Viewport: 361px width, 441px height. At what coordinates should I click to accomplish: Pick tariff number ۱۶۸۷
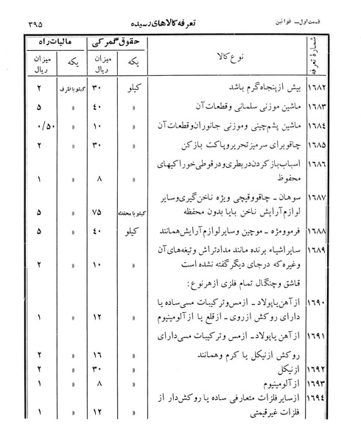(336, 198)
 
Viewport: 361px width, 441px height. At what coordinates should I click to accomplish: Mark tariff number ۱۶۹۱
(336, 338)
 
